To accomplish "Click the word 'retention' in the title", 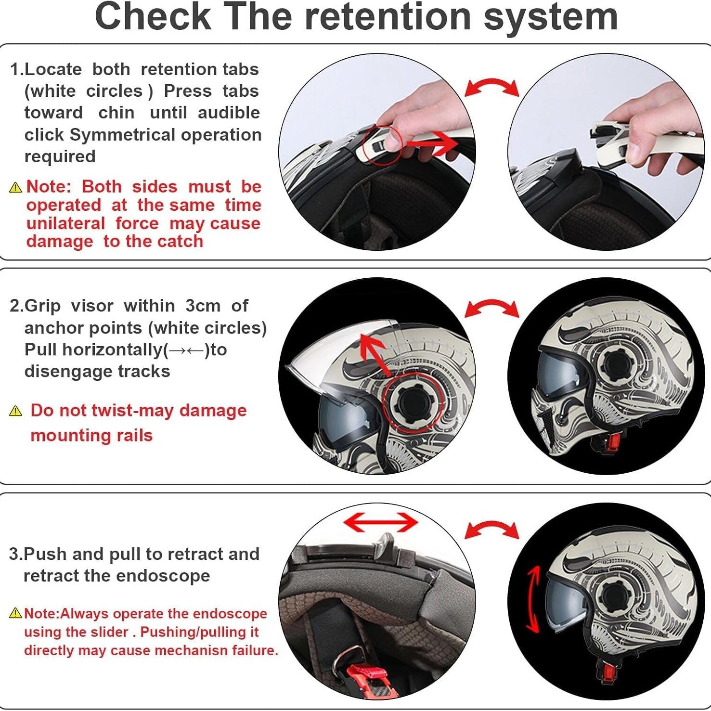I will pyautogui.click(x=388, y=17).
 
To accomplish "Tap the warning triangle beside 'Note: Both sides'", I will pyautogui.click(x=16, y=187).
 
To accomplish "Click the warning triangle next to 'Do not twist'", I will pyautogui.click(x=16, y=411).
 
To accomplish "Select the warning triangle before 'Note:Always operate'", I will pyautogui.click(x=16, y=613).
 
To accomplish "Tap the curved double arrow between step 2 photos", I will pyautogui.click(x=491, y=308).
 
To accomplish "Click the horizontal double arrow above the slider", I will pyautogui.click(x=381, y=522).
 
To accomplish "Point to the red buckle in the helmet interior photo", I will pyautogui.click(x=368, y=674).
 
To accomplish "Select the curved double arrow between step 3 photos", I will pyautogui.click(x=491, y=530).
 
